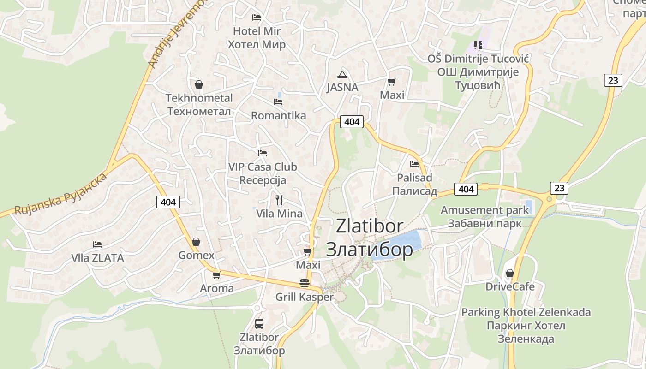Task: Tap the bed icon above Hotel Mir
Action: point(257,18)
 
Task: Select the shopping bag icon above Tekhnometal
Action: point(199,84)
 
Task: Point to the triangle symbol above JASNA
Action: point(342,74)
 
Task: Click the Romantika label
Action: point(278,115)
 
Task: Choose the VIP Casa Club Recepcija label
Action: point(263,173)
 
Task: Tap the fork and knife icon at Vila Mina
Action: point(279,200)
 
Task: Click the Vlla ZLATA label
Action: point(97,258)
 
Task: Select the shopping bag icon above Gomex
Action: point(196,242)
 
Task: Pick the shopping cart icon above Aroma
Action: point(216,275)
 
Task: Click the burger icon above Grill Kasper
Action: point(305,283)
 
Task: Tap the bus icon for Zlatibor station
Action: point(259,323)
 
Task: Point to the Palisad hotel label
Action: point(414,184)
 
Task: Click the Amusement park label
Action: point(484,217)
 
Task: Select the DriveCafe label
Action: point(510,286)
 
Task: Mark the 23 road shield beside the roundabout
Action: point(559,188)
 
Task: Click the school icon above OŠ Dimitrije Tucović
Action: point(478,45)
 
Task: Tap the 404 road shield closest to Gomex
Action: point(168,202)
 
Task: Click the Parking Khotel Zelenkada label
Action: point(526,325)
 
